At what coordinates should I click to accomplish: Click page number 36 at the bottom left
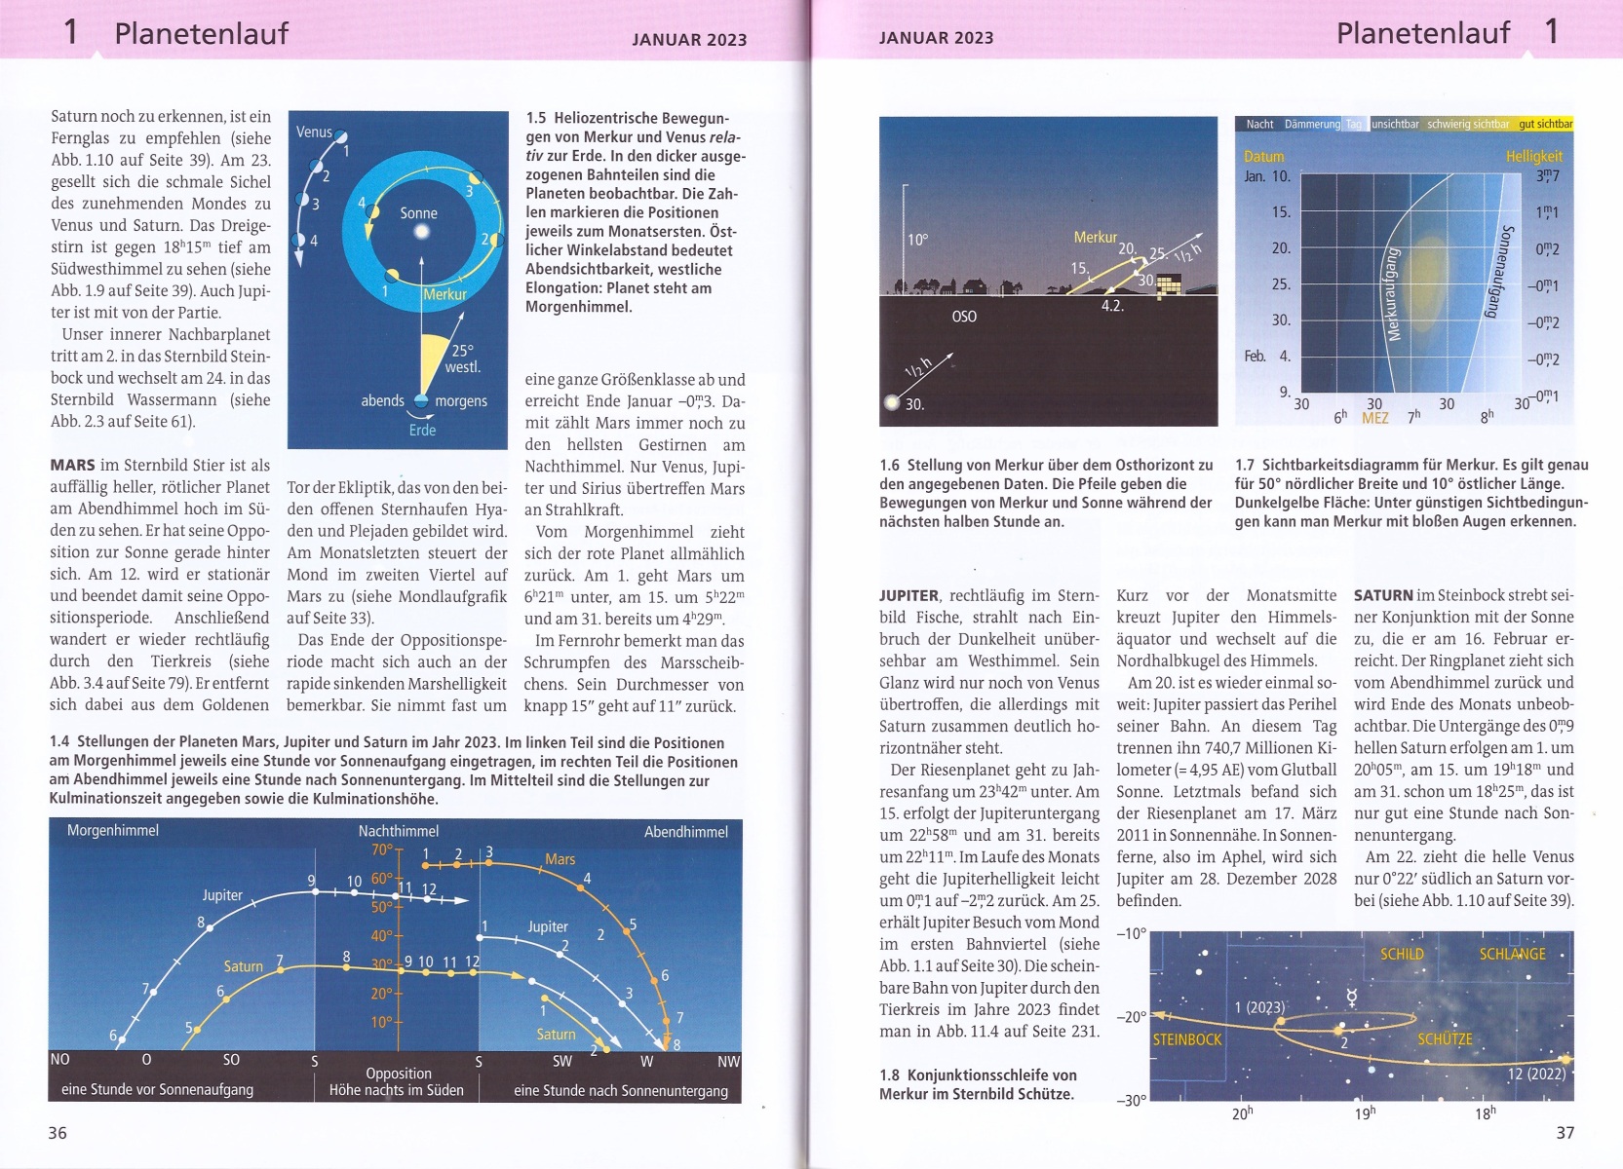tap(58, 1132)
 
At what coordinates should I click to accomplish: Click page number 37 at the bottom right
tap(1565, 1132)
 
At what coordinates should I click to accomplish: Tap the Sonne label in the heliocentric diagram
tap(418, 213)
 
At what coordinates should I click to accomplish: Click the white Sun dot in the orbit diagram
tap(421, 232)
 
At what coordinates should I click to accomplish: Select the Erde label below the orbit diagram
tap(422, 430)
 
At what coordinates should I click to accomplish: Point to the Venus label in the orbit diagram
tap(314, 132)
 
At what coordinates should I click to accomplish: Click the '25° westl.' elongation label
tap(462, 358)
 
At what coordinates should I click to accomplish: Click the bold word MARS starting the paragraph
tap(73, 466)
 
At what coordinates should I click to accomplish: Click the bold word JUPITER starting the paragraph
tap(908, 595)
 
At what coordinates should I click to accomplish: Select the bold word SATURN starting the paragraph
tap(1383, 595)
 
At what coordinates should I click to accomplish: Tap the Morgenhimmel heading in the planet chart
tap(112, 831)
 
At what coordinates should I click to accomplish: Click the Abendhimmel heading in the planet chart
tap(685, 832)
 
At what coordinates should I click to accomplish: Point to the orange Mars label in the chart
tap(560, 859)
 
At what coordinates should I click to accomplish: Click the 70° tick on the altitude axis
tap(381, 849)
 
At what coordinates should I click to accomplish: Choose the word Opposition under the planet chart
tap(398, 1073)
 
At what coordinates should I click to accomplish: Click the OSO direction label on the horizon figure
tap(964, 317)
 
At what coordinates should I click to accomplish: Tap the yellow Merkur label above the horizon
tap(1095, 237)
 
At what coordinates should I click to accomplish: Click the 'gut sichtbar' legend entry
tap(1545, 124)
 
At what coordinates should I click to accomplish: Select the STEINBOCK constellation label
tap(1187, 1039)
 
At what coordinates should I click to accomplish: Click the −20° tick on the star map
tap(1132, 1017)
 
